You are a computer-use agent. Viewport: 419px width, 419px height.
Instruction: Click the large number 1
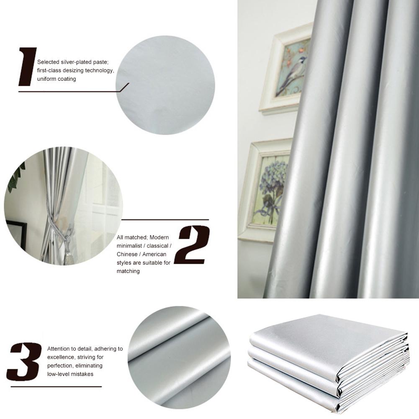click(28, 67)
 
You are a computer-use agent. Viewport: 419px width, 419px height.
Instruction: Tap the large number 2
click(192, 245)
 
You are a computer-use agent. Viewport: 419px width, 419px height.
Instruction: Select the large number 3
click(24, 361)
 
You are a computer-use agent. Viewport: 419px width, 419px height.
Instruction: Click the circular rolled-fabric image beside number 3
click(179, 357)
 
